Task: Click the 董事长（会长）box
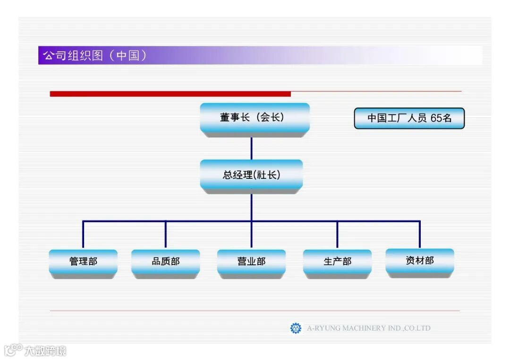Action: coord(255,117)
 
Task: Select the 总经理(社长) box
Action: coord(251,175)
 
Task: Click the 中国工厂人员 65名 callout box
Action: coord(409,118)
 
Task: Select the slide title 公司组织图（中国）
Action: coord(94,56)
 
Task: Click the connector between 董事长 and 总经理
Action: coord(251,148)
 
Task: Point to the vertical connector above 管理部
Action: coord(83,234)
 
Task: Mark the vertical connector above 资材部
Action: coord(419,234)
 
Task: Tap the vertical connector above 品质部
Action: coord(165,234)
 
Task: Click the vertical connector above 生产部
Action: coord(337,234)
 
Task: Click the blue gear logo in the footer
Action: coord(296,328)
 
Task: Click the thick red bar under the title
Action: coord(170,94)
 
